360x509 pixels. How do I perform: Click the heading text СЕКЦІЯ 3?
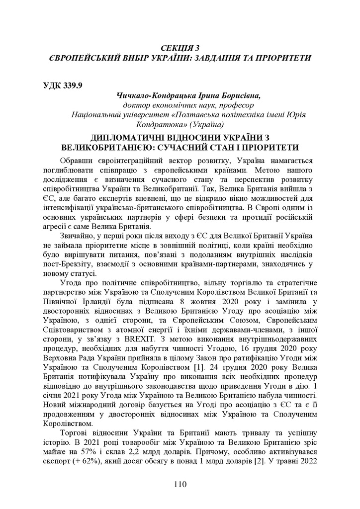tap(180, 48)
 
